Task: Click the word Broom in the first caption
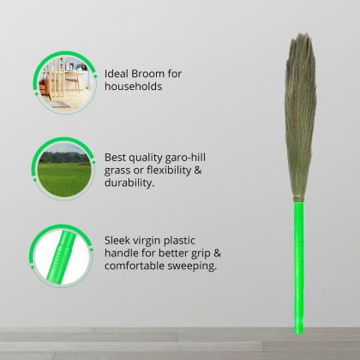pos(164,74)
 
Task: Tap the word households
pos(134,87)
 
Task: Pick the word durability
pos(131,183)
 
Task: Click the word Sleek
pos(119,241)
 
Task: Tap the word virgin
pos(154,241)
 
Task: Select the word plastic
pos(192,241)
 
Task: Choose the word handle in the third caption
pos(123,254)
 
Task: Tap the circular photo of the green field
pos(65,168)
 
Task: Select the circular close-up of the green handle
pos(65,255)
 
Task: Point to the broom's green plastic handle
pos(299,257)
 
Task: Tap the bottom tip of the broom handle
pos(299,330)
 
